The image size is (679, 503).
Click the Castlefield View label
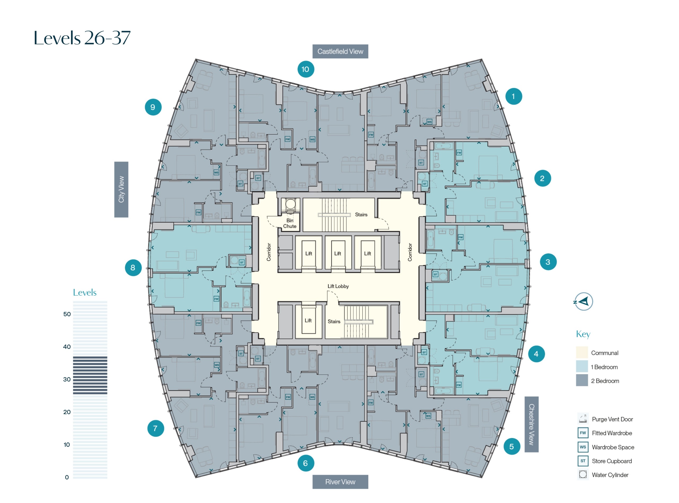click(340, 51)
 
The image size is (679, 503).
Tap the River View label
click(340, 482)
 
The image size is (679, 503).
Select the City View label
click(121, 189)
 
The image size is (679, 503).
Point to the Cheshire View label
click(531, 424)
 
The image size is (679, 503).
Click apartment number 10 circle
click(305, 69)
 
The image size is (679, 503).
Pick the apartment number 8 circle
click(133, 268)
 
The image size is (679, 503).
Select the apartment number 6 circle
click(305, 463)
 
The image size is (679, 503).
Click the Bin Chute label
click(289, 223)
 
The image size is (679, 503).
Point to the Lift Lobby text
click(338, 286)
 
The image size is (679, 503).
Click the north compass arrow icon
click(583, 301)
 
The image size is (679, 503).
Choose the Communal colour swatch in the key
click(582, 353)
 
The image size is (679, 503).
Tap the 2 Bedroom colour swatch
click(582, 381)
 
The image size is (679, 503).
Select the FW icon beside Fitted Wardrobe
click(582, 433)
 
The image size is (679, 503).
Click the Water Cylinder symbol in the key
click(582, 474)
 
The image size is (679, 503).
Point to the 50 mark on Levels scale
click(67, 314)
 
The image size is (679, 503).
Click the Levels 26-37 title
click(82, 38)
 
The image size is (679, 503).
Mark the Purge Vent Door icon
click(582, 419)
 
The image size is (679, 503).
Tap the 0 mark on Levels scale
click(67, 477)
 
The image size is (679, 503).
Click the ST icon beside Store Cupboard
click(582, 461)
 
